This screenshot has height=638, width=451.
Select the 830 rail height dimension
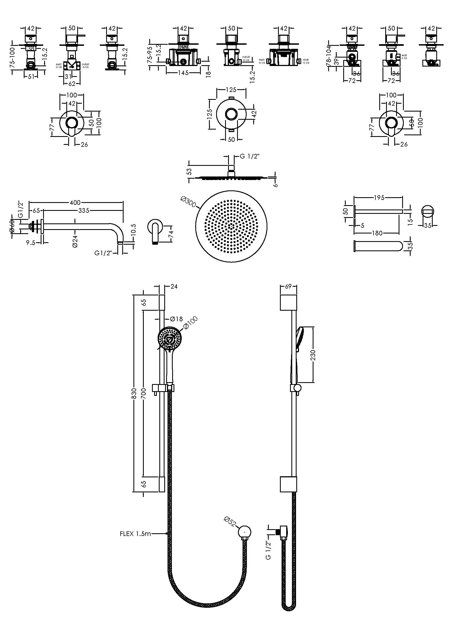tap(134, 394)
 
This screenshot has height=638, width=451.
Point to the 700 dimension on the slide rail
tap(144, 394)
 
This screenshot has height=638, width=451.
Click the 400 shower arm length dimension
tap(75, 203)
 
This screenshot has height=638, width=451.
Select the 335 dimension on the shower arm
tap(84, 211)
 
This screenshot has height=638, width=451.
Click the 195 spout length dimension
tap(379, 197)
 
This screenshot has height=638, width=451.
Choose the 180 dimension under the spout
tap(377, 233)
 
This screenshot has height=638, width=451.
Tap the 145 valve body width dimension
tap(183, 73)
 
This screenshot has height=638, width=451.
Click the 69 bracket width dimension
tap(288, 286)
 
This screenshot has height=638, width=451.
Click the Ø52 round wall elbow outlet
tap(244, 532)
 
